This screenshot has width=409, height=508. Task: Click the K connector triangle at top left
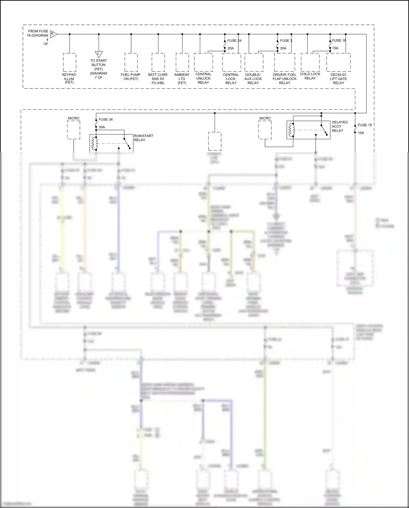[53, 34]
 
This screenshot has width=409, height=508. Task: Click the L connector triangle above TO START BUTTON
[99, 54]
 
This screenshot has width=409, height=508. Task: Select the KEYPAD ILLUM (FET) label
[69, 79]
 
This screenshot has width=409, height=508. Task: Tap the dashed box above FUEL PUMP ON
[131, 63]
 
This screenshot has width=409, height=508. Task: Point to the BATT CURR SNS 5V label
[158, 79]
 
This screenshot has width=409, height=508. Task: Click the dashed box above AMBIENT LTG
[182, 63]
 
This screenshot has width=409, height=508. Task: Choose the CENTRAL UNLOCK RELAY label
[203, 78]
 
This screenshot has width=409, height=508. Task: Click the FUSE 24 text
[234, 41]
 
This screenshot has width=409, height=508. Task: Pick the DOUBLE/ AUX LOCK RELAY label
[253, 79]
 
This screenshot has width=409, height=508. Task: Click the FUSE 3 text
[286, 41]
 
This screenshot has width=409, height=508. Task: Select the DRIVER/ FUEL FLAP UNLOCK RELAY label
[285, 79]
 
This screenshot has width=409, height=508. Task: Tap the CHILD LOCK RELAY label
[310, 76]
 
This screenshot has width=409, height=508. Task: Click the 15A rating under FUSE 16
[335, 48]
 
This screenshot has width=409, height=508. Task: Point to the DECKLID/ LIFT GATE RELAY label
[339, 79]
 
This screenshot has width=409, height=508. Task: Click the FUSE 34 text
[106, 120]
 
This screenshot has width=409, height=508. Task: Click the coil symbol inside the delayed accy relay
[291, 130]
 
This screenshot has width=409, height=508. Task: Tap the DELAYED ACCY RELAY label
[340, 126]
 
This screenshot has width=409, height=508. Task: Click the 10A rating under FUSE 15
[361, 133]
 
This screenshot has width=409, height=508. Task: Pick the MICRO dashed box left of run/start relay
[74, 130]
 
